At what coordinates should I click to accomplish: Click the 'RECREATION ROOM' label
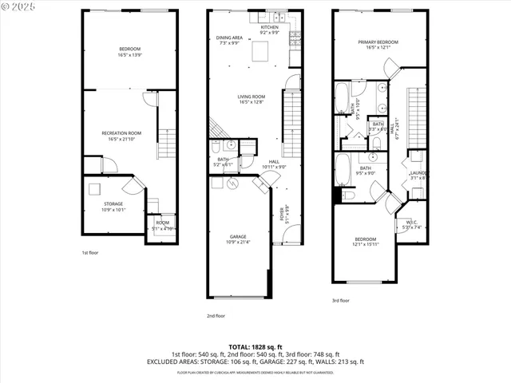[121, 132]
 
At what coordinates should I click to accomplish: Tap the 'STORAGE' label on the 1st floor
[113, 203]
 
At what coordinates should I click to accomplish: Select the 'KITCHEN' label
[270, 27]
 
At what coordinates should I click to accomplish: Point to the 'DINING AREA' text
[229, 38]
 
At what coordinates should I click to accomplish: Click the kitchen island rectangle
[259, 53]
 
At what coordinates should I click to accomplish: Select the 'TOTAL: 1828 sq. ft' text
[255, 345]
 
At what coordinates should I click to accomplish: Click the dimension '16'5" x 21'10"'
[121, 139]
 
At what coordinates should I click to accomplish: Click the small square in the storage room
[95, 189]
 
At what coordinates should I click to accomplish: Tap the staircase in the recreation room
[167, 143]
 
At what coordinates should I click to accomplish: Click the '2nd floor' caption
[216, 316]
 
